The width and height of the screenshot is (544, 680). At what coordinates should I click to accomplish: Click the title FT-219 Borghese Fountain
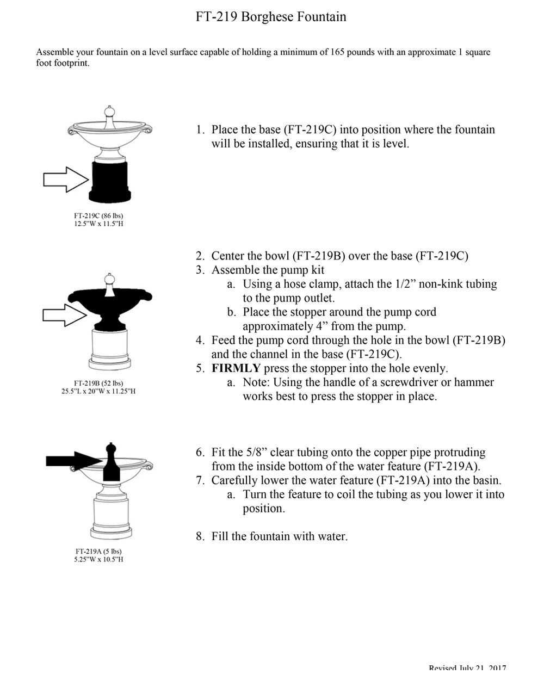[271, 17]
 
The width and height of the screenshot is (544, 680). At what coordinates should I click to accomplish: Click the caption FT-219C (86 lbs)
[98, 216]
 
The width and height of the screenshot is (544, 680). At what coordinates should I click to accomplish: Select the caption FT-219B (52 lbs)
[98, 383]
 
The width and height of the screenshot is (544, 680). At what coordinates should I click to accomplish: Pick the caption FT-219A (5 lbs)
[98, 551]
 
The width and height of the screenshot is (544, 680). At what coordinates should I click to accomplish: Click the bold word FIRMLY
[236, 368]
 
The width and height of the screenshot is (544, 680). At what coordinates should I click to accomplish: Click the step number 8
[200, 536]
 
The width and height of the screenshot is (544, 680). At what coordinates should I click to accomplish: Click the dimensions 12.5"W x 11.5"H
[98, 224]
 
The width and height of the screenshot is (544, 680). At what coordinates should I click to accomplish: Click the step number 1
[200, 130]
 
